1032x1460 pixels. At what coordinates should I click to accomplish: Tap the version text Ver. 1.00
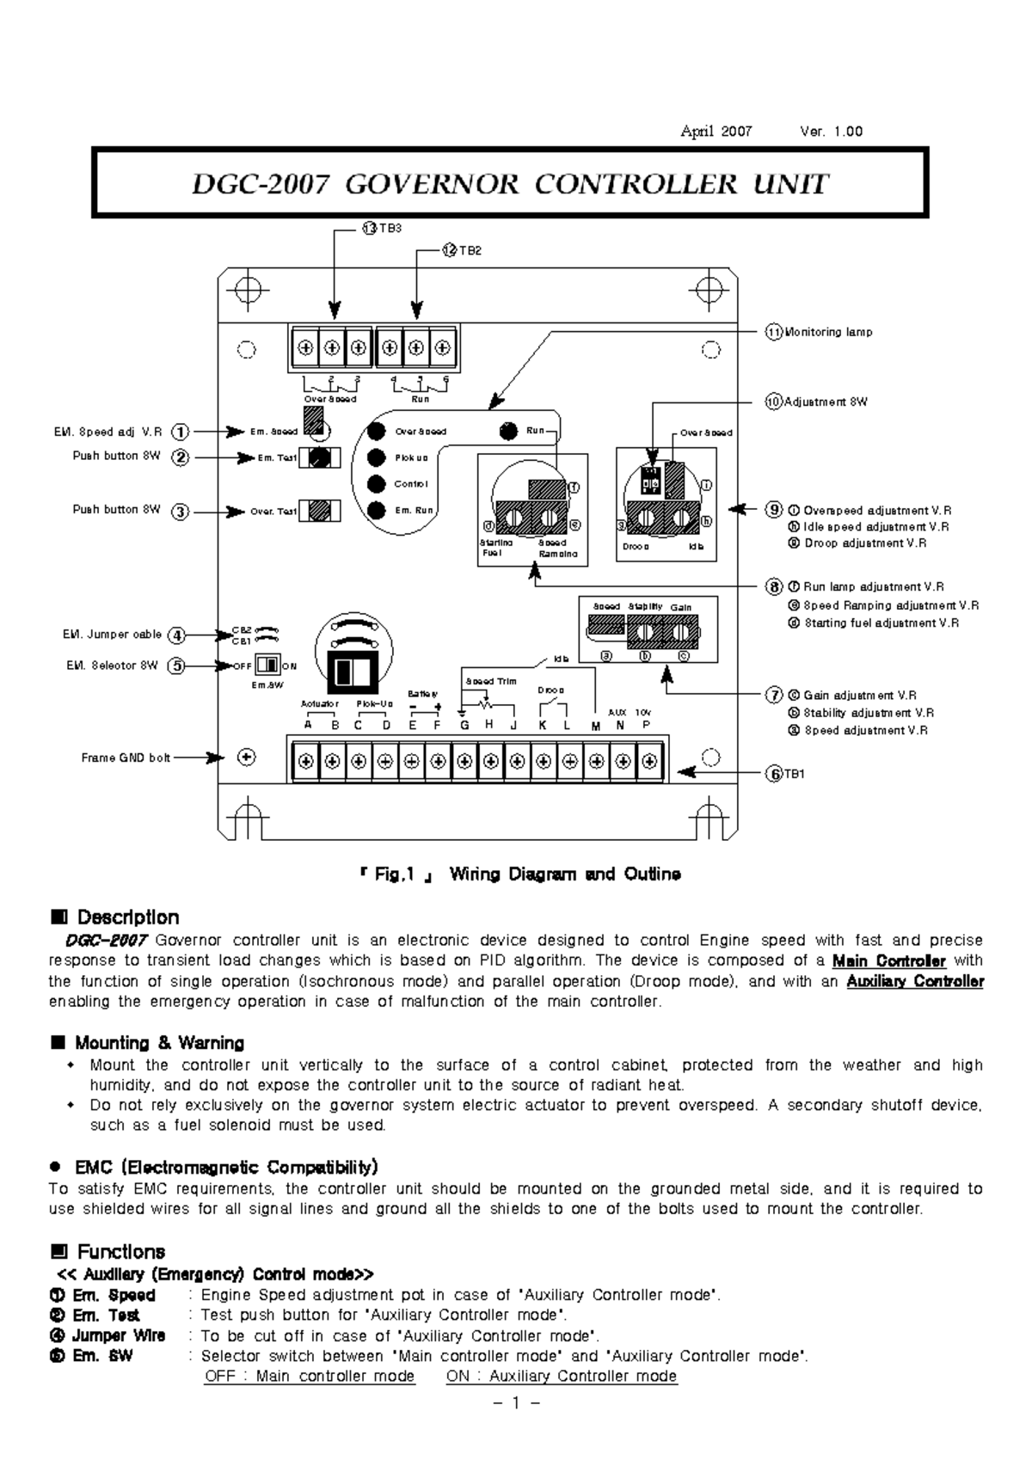(831, 132)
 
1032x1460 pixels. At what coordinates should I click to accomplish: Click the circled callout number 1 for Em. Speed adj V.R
(180, 432)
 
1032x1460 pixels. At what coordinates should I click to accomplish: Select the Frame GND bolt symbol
(247, 758)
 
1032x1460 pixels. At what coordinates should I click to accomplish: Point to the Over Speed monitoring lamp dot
(376, 432)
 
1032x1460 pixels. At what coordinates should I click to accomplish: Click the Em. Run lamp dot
(376, 511)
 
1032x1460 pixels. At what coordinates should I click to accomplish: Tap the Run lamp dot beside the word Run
(509, 431)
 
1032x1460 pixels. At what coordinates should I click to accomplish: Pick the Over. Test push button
(320, 511)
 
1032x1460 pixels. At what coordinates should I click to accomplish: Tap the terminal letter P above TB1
(647, 725)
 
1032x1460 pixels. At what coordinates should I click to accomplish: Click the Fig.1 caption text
(520, 874)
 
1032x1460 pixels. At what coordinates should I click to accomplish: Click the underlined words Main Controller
(888, 961)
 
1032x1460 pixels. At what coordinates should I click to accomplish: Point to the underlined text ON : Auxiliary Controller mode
(561, 1376)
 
